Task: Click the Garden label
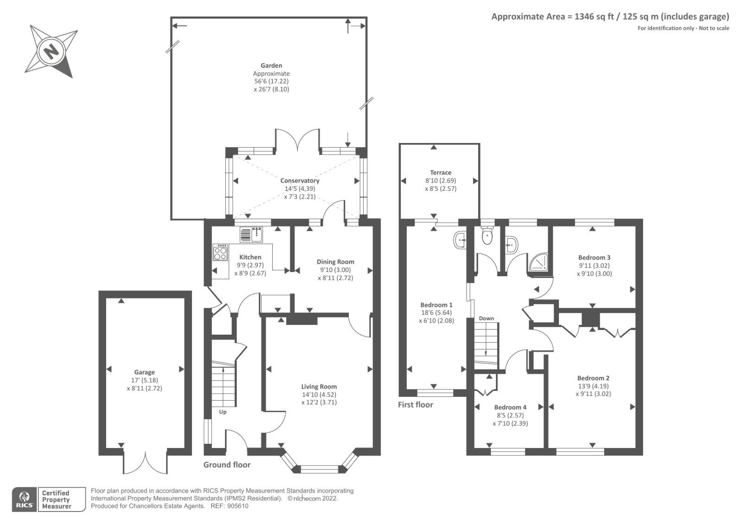[271, 65]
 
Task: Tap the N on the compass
[51, 52]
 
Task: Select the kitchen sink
[251, 235]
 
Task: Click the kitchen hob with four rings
[220, 253]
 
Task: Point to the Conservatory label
[300, 181]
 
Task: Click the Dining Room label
[335, 262]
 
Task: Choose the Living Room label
[319, 387]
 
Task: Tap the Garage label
[144, 372]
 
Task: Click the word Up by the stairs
[223, 412]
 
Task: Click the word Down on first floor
[486, 318]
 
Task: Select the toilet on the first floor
[487, 235]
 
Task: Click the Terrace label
[441, 173]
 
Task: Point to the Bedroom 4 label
[510, 408]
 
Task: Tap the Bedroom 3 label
[594, 258]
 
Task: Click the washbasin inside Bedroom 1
[460, 240]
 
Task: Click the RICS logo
[25, 499]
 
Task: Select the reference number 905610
[237, 506]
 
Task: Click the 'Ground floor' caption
[227, 465]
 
